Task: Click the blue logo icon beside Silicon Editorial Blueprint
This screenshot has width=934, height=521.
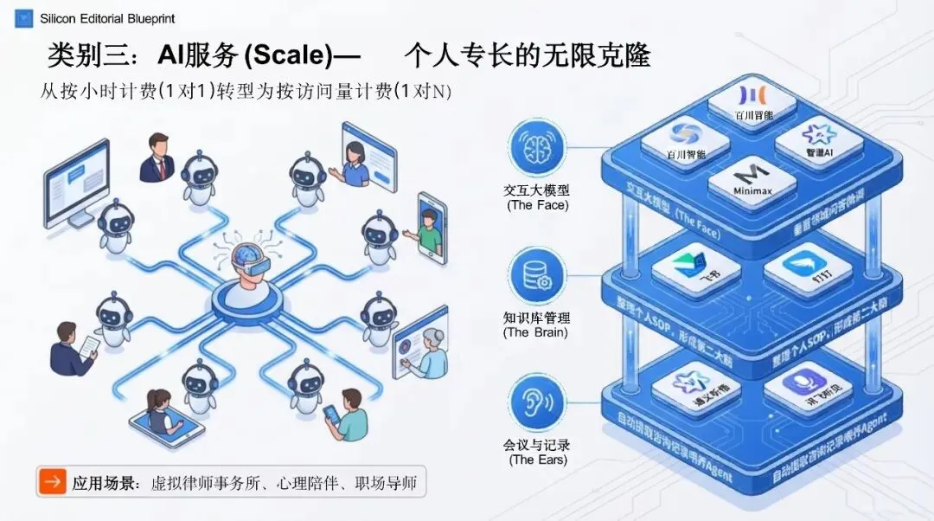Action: [x=24, y=17]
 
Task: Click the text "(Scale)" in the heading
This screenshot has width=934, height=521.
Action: [x=289, y=56]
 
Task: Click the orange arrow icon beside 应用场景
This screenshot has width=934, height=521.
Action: [x=54, y=482]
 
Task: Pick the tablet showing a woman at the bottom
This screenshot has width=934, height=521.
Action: [x=163, y=415]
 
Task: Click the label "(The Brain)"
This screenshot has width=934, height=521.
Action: [x=536, y=332]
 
